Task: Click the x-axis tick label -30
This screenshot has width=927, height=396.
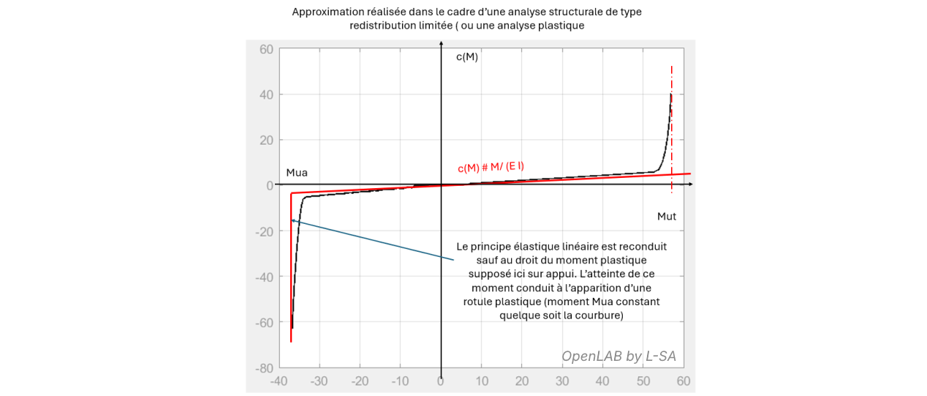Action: tap(319, 381)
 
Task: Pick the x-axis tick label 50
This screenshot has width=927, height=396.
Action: tap(643, 381)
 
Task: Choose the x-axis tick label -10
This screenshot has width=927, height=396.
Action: tap(400, 381)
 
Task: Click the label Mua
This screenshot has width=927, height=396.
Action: tap(297, 173)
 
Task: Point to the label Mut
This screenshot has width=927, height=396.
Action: tap(666, 216)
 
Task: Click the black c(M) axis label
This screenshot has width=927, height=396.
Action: tap(466, 57)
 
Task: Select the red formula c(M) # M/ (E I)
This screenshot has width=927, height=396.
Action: tap(491, 167)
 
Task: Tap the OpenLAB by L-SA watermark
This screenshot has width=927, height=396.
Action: tap(618, 356)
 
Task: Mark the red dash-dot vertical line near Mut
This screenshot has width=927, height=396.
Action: tap(672, 117)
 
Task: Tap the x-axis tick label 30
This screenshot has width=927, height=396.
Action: tap(561, 381)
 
